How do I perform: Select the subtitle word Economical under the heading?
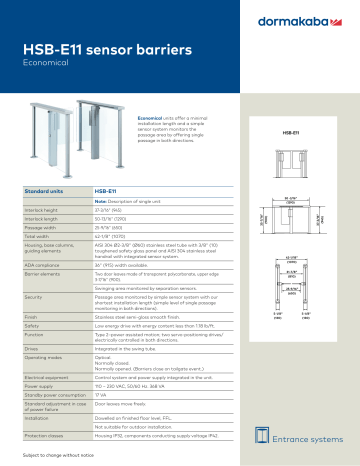tap(45, 61)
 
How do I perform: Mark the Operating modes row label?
tap(43, 356)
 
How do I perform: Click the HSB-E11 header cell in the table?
tap(107, 188)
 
